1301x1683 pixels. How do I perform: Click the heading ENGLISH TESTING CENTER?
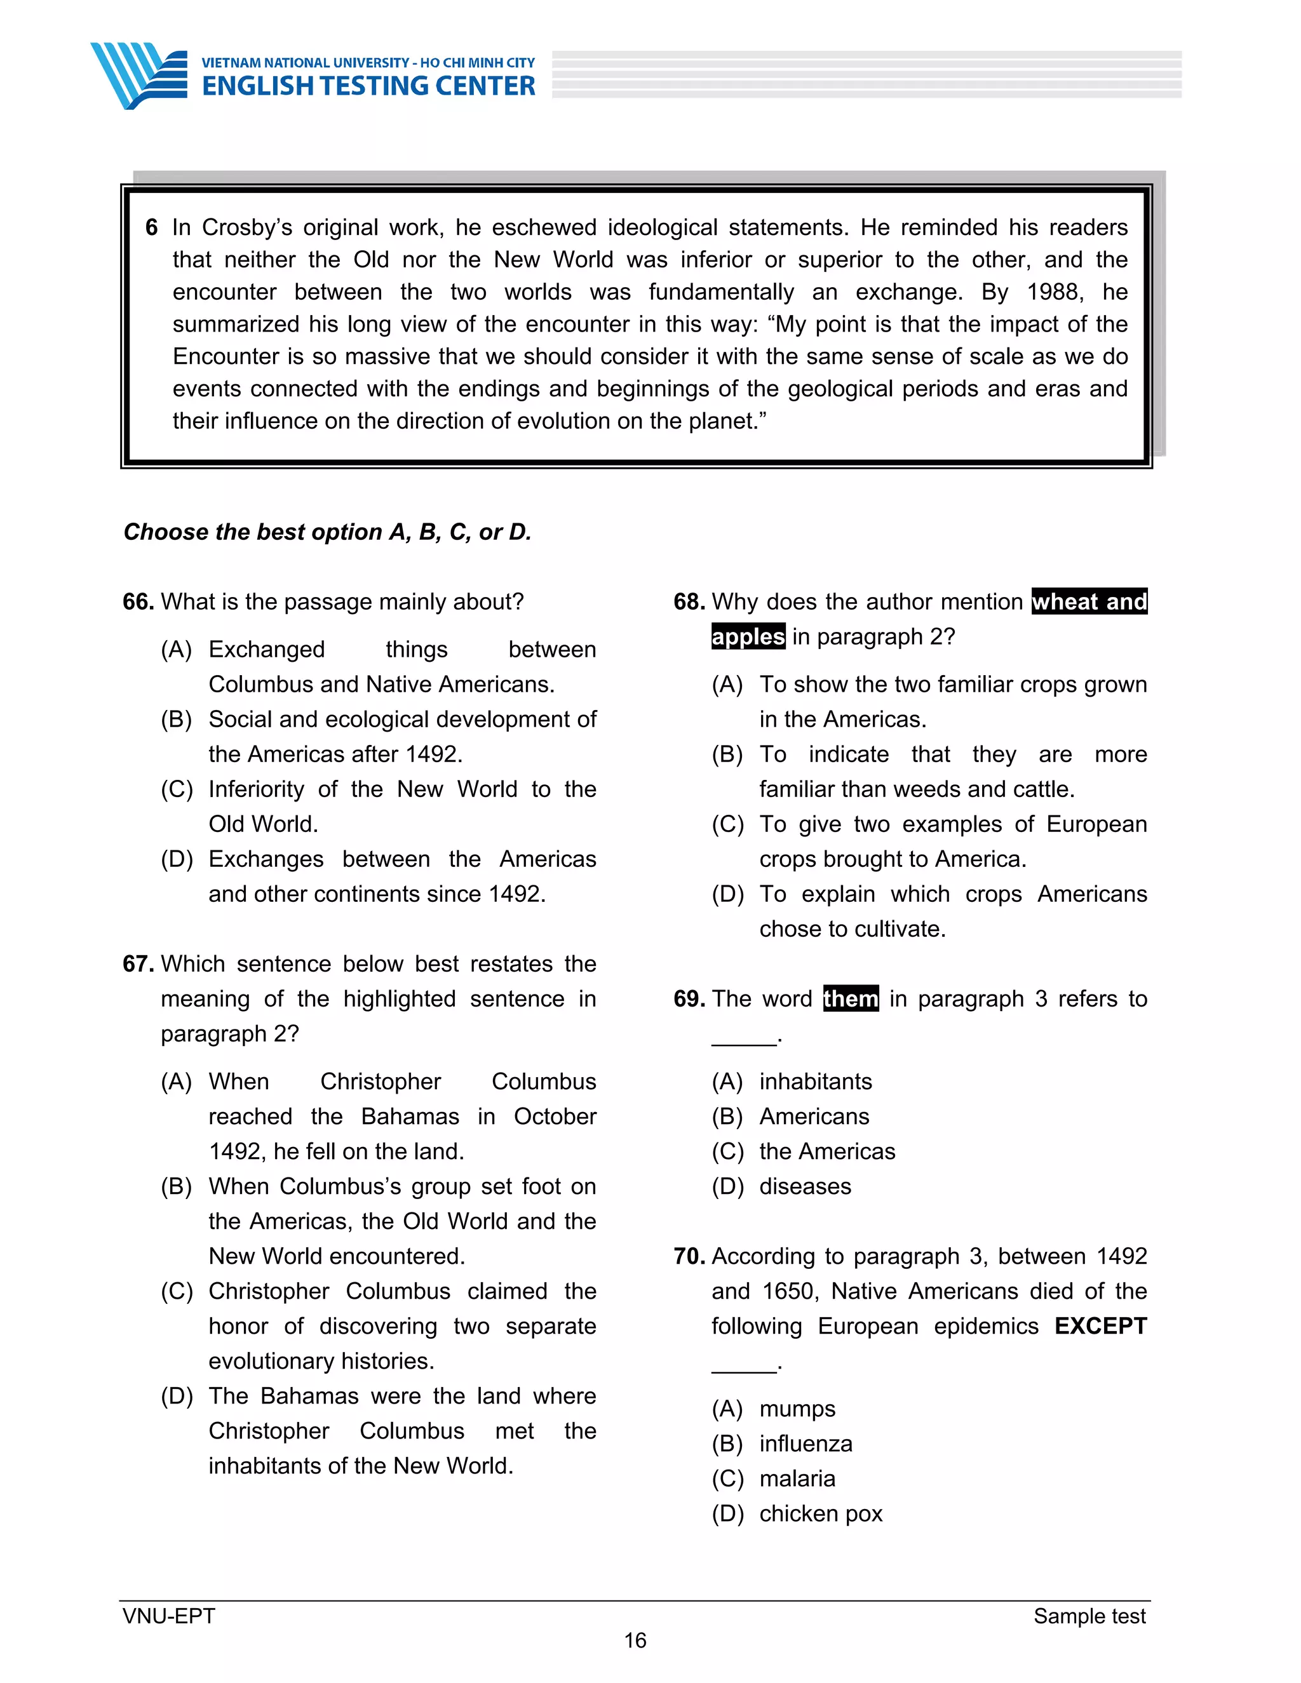[x=368, y=86]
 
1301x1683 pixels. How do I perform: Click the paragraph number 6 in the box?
[x=152, y=227]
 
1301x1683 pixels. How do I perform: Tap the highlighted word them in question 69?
[x=850, y=999]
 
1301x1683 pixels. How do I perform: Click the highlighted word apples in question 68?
[x=748, y=636]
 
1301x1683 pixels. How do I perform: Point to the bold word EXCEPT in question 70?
[x=1100, y=1326]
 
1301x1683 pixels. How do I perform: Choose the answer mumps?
[x=797, y=1409]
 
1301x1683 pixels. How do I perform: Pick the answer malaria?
[x=797, y=1478]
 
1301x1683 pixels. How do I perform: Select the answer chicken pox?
[x=820, y=1513]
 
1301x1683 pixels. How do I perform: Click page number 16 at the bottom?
[x=635, y=1640]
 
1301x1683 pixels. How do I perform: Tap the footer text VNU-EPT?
[x=169, y=1616]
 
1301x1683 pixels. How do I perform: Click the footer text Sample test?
[x=1089, y=1616]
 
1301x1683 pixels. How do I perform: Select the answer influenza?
[x=806, y=1444]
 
